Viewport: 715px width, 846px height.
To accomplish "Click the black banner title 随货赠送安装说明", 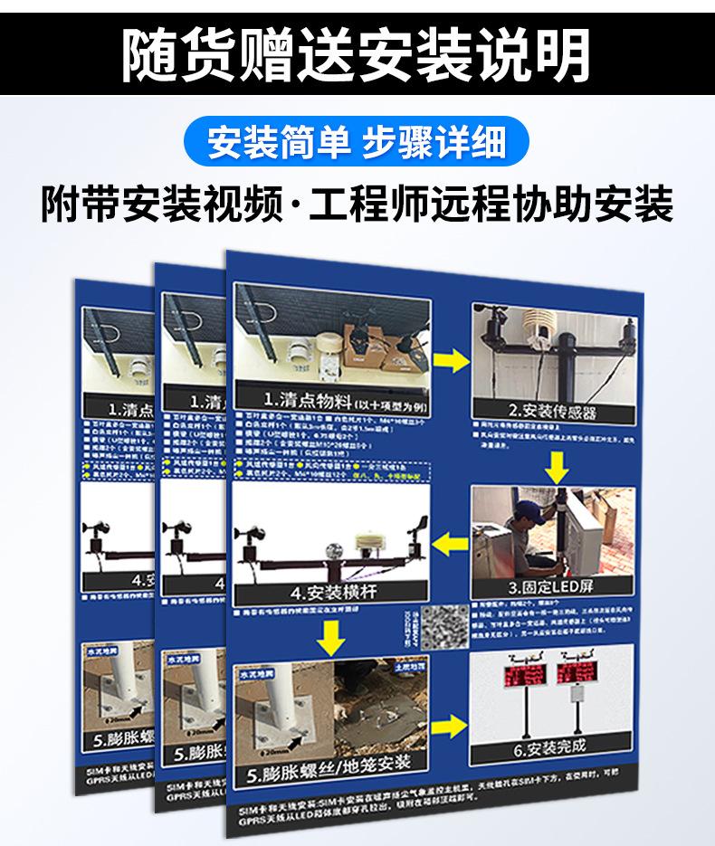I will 357,54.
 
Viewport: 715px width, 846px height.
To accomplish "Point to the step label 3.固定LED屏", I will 551,586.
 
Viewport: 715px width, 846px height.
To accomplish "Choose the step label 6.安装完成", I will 549,747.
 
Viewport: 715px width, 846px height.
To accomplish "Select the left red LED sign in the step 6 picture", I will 520,674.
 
